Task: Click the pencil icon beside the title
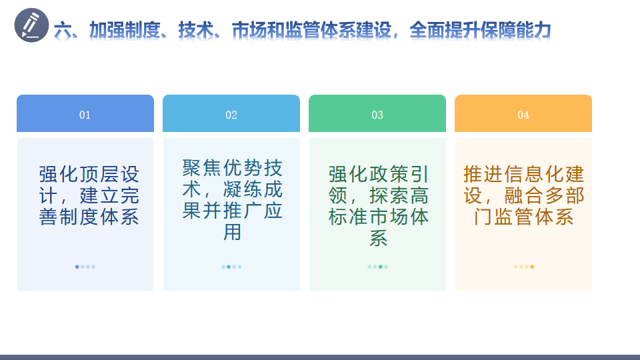click(x=31, y=25)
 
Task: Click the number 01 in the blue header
click(x=85, y=115)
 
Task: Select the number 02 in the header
click(x=231, y=115)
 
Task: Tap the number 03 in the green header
click(x=377, y=115)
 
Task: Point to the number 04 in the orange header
click(x=523, y=115)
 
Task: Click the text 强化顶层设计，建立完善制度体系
click(x=89, y=195)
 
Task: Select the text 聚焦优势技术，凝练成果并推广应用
click(x=232, y=200)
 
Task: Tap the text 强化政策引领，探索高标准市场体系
click(x=379, y=206)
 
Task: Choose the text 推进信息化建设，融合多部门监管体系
click(x=524, y=195)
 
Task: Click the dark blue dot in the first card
click(x=77, y=267)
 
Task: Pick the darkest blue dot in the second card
click(x=229, y=267)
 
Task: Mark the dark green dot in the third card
click(x=381, y=267)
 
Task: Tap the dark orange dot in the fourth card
click(x=532, y=267)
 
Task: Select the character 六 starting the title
click(x=63, y=30)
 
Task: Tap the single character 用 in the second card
click(x=232, y=232)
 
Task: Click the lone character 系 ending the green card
click(x=379, y=238)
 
